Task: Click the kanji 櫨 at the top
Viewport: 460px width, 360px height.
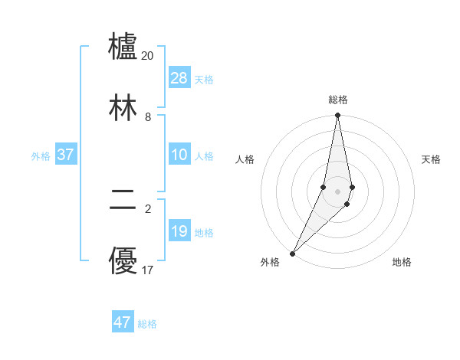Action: coord(123,47)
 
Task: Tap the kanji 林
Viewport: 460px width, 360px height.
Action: coord(123,108)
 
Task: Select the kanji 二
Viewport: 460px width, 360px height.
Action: coord(123,201)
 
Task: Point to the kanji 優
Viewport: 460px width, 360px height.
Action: coord(123,261)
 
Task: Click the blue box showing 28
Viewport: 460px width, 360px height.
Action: coord(179,78)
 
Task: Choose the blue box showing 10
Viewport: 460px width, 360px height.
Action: coord(179,155)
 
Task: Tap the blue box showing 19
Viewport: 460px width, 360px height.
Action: coord(179,231)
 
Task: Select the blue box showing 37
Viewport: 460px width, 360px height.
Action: coord(66,155)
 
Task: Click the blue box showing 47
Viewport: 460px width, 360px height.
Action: coord(123,322)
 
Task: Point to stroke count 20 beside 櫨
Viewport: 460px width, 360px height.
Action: coord(148,56)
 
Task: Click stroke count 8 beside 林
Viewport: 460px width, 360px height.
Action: coord(148,117)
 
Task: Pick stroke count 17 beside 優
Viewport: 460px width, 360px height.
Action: coord(148,270)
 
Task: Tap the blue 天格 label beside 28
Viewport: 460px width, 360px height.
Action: coord(204,79)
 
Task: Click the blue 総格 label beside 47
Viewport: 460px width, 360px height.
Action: coord(147,324)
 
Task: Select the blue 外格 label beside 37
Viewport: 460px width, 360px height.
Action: coord(41,155)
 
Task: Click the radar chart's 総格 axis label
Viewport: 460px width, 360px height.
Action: coord(338,100)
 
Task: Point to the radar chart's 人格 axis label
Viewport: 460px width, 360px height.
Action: coord(245,159)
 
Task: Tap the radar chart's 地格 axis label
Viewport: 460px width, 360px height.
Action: coord(402,262)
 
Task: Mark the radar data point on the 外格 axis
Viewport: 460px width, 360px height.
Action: coord(293,253)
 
